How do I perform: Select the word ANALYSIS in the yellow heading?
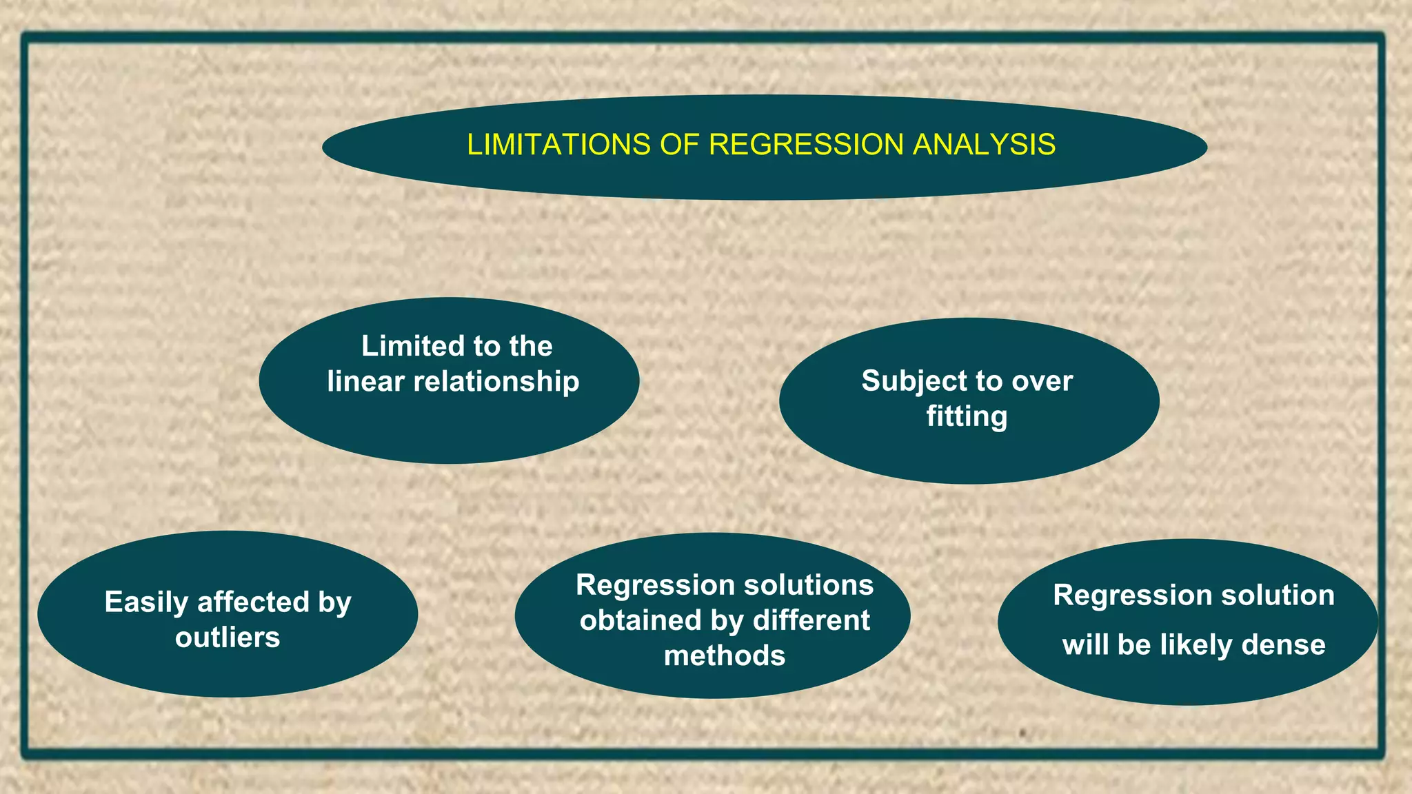(984, 145)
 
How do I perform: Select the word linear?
(365, 382)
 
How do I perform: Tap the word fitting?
(967, 417)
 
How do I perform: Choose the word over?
(1042, 381)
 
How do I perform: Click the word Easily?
(146, 602)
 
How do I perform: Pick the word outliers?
(228, 638)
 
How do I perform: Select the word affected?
(253, 602)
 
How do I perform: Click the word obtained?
(641, 620)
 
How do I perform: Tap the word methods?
(725, 655)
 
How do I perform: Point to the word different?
(811, 620)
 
